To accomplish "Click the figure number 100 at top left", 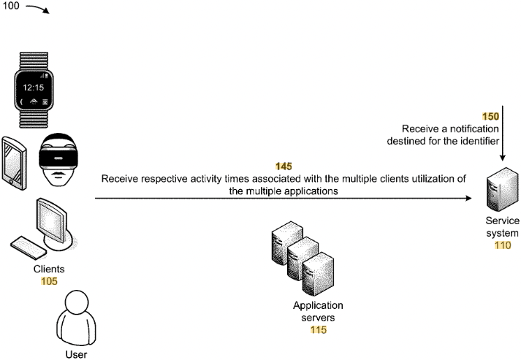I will (12, 9).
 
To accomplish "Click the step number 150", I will (490, 116).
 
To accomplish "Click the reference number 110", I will (502, 246).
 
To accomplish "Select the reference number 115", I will (318, 330).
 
